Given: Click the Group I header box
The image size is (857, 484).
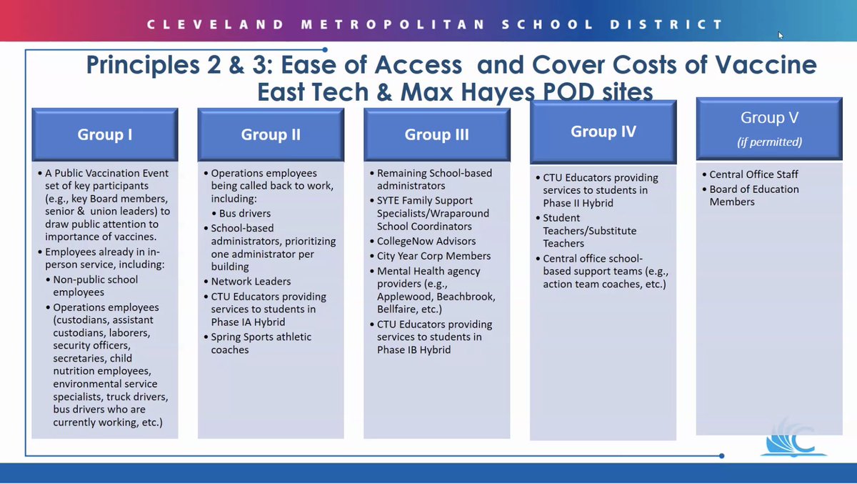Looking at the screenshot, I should (104, 134).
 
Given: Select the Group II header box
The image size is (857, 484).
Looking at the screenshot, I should (271, 134).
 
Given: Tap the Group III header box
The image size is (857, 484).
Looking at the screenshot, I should (436, 134).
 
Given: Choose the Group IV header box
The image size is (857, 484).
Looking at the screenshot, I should (603, 132).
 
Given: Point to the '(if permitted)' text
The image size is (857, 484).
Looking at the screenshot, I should (769, 142).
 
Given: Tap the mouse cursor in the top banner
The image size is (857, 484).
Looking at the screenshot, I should (781, 35).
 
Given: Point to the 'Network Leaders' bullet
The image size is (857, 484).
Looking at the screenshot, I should (251, 282).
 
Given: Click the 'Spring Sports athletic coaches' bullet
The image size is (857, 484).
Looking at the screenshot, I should (261, 343).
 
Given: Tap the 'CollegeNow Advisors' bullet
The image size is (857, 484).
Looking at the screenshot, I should (426, 241).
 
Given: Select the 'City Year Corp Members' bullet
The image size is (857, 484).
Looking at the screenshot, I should (433, 256).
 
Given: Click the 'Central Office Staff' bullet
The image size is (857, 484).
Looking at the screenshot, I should (753, 174).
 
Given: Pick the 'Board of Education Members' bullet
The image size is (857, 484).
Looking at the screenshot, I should (753, 195).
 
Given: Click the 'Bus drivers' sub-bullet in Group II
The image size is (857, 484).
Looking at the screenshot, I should (244, 213).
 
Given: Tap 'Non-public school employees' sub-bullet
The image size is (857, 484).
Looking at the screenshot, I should (95, 286).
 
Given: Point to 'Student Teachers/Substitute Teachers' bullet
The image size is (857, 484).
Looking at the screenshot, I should (589, 230).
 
